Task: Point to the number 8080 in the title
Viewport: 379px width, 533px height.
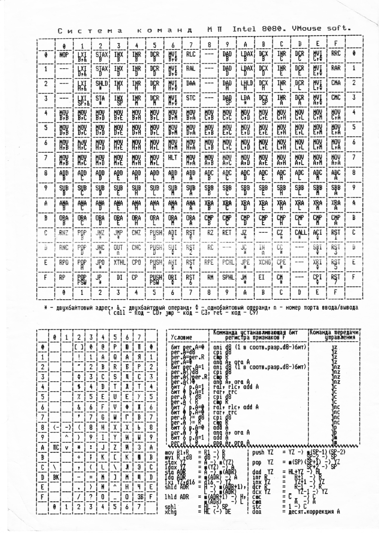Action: click(x=274, y=28)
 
